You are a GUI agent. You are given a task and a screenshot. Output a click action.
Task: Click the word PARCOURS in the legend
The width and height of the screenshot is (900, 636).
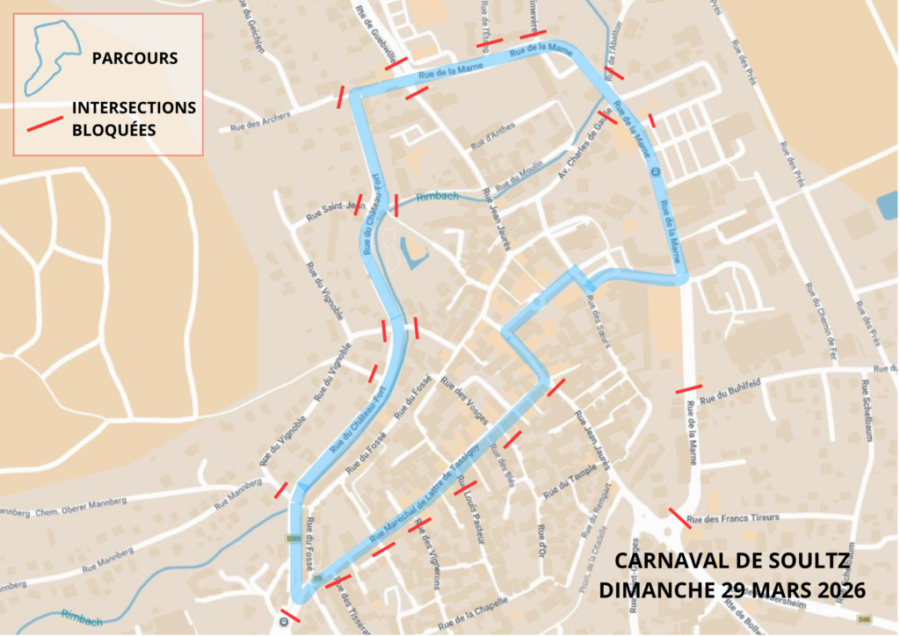tap(134, 59)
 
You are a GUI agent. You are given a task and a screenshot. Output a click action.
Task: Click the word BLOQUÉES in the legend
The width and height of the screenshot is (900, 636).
tap(113, 128)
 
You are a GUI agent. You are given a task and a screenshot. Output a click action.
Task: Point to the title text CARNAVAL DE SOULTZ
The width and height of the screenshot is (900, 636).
tap(732, 560)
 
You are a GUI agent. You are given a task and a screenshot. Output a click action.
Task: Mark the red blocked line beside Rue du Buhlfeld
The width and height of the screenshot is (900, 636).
tap(688, 387)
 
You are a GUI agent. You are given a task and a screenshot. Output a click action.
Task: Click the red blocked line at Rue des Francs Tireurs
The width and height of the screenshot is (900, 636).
tap(679, 517)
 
